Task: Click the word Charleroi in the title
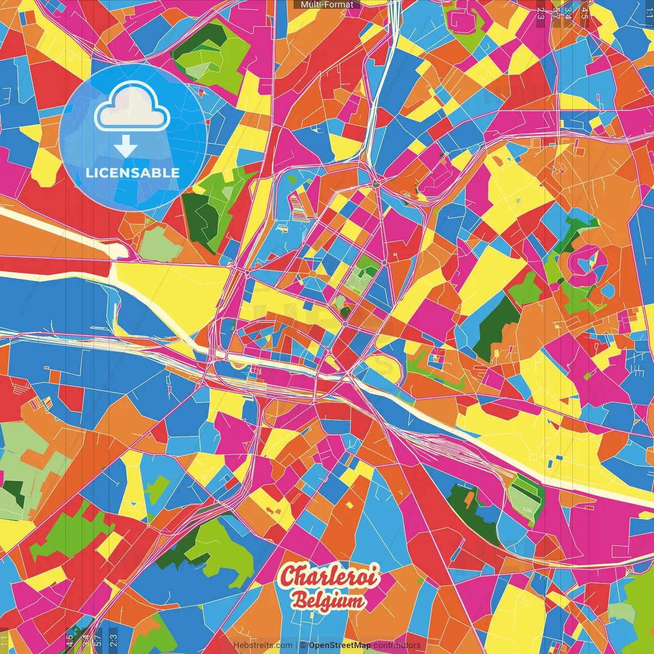pos(330,577)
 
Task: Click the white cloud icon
pos(132,108)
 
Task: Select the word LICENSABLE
pos(133,173)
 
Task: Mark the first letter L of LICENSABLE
pos(89,173)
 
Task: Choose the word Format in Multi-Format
pos(340,5)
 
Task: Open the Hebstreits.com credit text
pos(263,645)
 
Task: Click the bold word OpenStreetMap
pos(340,645)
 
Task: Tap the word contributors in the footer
pos(397,645)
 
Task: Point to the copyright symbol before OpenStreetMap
pos(303,645)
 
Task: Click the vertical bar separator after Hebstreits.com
pos(297,645)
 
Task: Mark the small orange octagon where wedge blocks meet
pos(312,274)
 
